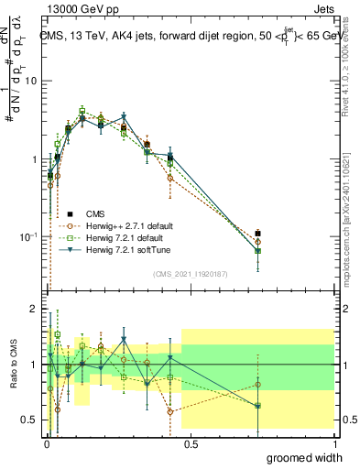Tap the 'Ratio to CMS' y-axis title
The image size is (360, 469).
point(13,365)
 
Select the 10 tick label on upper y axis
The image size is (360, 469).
point(29,81)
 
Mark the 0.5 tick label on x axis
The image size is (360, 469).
point(190,442)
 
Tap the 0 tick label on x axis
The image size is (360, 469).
point(46,442)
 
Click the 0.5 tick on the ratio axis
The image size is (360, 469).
point(28,420)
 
